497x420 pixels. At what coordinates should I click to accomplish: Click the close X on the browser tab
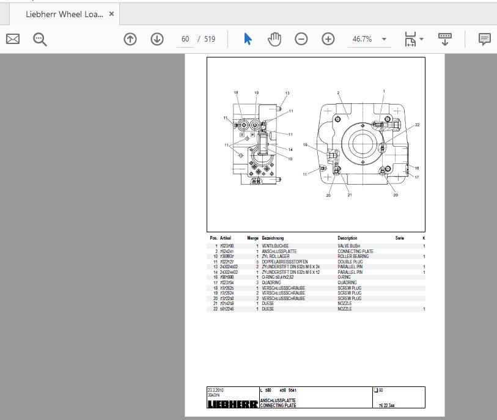[x=112, y=14]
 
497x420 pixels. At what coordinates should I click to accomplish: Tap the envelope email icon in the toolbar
[x=13, y=39]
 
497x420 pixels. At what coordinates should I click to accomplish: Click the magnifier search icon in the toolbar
[x=40, y=39]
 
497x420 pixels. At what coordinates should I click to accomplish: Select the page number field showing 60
[x=185, y=39]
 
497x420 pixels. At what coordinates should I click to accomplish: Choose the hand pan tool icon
[x=274, y=39]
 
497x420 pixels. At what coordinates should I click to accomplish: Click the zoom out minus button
[x=301, y=39]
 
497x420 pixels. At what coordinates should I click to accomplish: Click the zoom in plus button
[x=328, y=39]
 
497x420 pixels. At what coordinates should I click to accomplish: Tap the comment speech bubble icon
[x=484, y=39]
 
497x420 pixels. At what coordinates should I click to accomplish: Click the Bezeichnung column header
[x=273, y=238]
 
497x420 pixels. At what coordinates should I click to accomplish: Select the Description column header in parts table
[x=347, y=238]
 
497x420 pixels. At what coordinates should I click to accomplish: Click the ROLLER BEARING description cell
[x=353, y=256]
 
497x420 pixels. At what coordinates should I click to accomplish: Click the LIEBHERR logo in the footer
[x=232, y=404]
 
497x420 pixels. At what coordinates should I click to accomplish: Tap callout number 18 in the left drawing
[x=236, y=93]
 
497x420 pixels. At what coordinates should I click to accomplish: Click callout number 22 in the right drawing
[x=418, y=125]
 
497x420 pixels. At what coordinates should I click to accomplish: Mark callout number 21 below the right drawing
[x=350, y=195]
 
